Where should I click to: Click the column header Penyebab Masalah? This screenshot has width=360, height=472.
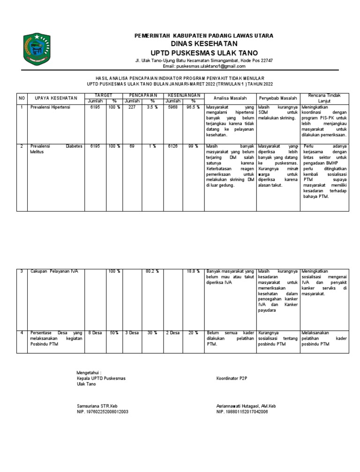[277, 98]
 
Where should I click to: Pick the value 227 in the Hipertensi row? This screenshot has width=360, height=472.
[132, 107]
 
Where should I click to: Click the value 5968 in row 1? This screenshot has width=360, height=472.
[172, 107]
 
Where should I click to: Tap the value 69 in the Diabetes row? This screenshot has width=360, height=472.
[132, 146]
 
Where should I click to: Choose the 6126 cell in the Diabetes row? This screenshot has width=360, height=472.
[172, 146]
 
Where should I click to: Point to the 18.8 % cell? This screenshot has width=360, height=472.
[193, 271]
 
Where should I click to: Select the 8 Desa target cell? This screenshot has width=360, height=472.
[96, 333]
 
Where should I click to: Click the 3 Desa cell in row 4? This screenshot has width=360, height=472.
[132, 333]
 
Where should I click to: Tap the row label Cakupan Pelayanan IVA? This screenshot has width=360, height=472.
[54, 271]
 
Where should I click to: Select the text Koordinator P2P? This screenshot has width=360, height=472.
[231, 378]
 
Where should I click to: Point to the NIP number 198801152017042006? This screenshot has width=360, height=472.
[242, 412]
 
